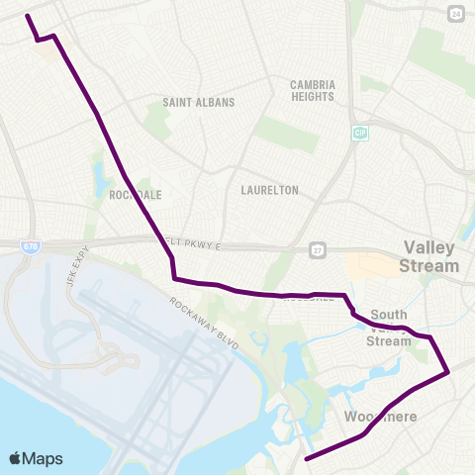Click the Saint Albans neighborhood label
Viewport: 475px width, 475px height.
click(199, 102)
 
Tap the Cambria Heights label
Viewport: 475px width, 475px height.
click(313, 91)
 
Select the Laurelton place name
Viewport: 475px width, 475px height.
click(269, 190)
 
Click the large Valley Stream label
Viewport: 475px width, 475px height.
click(428, 257)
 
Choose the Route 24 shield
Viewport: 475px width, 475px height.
click(454, 14)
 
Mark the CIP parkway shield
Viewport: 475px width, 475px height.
click(359, 132)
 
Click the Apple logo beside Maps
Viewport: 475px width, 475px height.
click(16, 458)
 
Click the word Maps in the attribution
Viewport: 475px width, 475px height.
click(44, 458)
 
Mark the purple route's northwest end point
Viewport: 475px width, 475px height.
click(27, 16)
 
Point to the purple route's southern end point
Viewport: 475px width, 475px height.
click(306, 459)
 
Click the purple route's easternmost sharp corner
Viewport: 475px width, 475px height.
click(449, 372)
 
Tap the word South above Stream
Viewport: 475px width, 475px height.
click(389, 315)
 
